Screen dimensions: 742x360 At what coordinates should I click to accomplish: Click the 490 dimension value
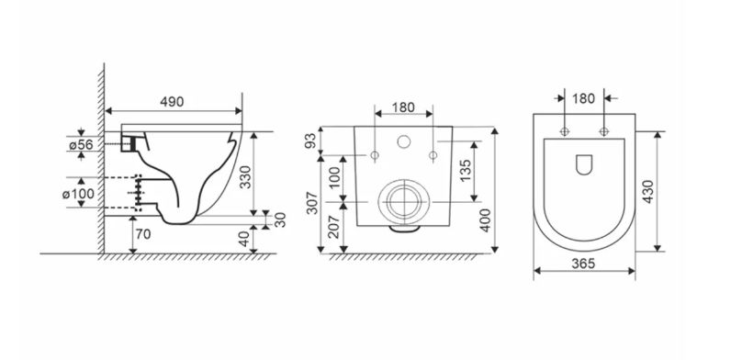click(x=172, y=102)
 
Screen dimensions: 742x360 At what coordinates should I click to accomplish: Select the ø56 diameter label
click(x=81, y=145)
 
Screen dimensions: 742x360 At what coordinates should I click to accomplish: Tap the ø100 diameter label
click(x=79, y=194)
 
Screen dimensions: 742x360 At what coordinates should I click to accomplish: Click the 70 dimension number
click(x=143, y=233)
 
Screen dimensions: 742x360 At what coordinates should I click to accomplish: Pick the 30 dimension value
click(x=280, y=220)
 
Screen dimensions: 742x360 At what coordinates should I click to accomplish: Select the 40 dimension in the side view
click(x=243, y=240)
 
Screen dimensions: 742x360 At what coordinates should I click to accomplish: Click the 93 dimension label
click(x=310, y=141)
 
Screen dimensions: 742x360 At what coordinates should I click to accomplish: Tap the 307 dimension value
click(x=312, y=203)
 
